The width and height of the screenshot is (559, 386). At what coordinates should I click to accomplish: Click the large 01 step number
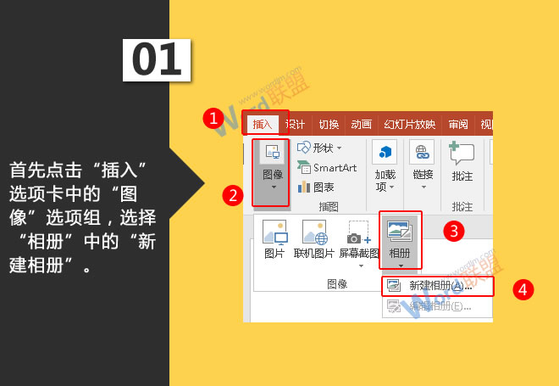pos(158,59)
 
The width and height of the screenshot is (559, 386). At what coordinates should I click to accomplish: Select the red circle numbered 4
pos(523,289)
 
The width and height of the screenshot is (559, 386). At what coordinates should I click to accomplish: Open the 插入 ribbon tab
pos(263,124)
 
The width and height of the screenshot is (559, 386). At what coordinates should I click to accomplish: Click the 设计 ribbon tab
pos(296,124)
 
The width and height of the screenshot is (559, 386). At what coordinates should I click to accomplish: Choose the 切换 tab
pos(329,124)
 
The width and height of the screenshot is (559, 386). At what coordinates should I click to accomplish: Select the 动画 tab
pos(361,124)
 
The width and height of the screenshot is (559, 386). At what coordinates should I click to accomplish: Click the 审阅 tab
pos(458,124)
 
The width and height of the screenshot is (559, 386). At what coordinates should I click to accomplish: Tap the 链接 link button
pos(422,165)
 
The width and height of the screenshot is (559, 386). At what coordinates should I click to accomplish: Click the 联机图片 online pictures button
pos(314,240)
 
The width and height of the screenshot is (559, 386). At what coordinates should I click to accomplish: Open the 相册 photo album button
pos(400,240)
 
